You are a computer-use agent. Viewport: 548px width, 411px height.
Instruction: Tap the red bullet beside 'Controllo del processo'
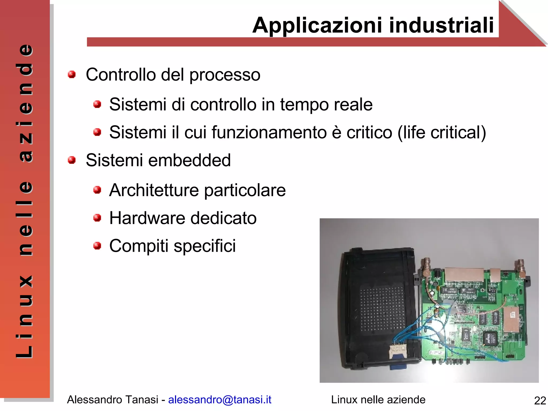71,74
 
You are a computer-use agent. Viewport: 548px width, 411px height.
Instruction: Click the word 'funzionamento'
269,132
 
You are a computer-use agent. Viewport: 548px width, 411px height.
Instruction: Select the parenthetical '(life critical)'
442,133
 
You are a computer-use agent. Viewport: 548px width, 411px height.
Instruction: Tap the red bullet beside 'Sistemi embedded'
71,160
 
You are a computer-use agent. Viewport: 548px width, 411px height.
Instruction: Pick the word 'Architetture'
154,190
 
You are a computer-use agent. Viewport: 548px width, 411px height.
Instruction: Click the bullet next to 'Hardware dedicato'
97,218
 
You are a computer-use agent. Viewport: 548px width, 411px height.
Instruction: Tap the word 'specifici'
205,246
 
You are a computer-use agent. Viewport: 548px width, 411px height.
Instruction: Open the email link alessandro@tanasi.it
220,399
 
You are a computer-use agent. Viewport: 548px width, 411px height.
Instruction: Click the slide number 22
540,401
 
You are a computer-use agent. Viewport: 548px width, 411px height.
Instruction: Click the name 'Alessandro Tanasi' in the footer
112,399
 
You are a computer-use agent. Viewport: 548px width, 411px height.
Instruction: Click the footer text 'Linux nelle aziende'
378,399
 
